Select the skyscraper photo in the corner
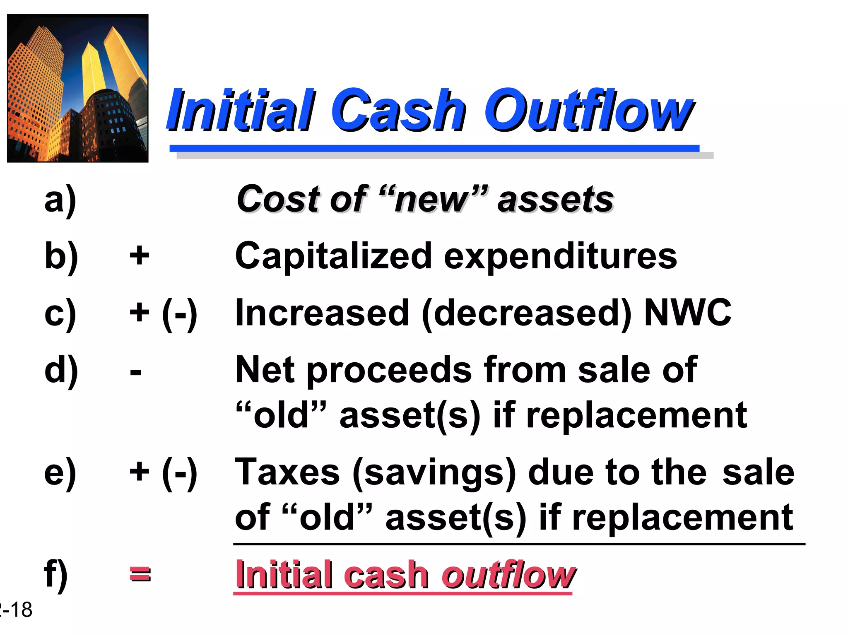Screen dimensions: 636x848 pyautogui.click(x=78, y=88)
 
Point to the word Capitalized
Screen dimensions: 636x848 pyautogui.click(x=334, y=256)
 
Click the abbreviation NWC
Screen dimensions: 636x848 pyautogui.click(x=688, y=313)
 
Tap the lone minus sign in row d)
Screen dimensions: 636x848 pyautogui.click(x=135, y=371)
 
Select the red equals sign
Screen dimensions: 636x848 pyautogui.click(x=140, y=575)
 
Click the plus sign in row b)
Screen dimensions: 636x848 pyautogui.click(x=139, y=255)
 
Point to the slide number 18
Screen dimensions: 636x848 pyautogui.click(x=21, y=610)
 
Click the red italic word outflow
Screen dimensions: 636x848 pyautogui.click(x=508, y=575)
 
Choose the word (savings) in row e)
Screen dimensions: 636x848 pyautogui.click(x=434, y=473)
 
